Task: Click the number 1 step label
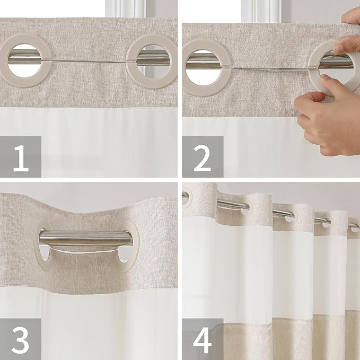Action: (x=21, y=157)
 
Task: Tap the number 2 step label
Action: (x=203, y=157)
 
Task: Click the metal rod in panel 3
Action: (x=85, y=238)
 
